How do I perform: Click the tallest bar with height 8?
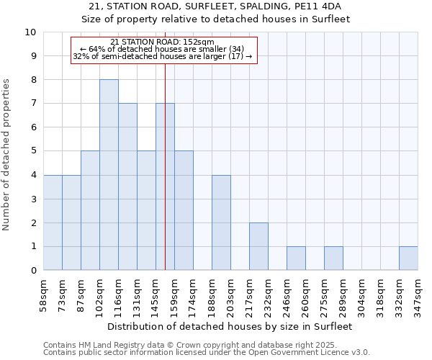(109, 175)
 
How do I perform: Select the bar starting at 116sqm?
(127, 186)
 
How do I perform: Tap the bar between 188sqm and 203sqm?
(221, 222)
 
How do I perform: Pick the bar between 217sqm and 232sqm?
(258, 246)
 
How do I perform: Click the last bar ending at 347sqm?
(408, 258)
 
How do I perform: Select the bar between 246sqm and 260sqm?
(296, 258)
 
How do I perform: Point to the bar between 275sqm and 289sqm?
(333, 258)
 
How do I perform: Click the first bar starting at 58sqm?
(53, 222)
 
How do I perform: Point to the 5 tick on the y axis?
(32, 152)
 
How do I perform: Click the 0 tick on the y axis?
(32, 271)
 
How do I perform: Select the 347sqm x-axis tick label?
(418, 294)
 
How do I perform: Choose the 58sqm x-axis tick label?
(43, 294)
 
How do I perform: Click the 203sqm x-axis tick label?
(230, 294)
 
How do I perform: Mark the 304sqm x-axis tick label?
(361, 294)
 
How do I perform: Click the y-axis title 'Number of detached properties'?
(7, 155)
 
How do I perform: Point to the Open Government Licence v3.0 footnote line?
(206, 353)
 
